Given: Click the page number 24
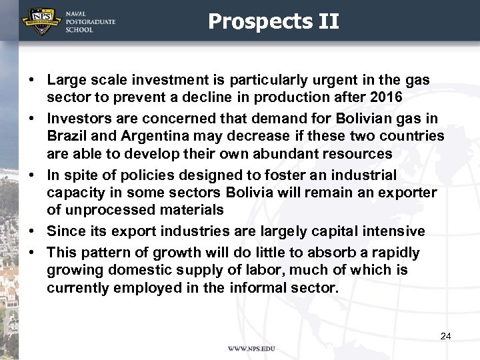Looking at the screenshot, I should point(445,336).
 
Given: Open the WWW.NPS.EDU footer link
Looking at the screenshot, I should point(251,349).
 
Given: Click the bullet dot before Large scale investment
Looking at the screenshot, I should point(31,81).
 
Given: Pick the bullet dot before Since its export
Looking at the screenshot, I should point(31,231).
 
